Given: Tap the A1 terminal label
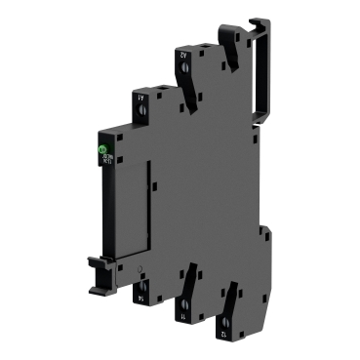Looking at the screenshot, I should (141, 98).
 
